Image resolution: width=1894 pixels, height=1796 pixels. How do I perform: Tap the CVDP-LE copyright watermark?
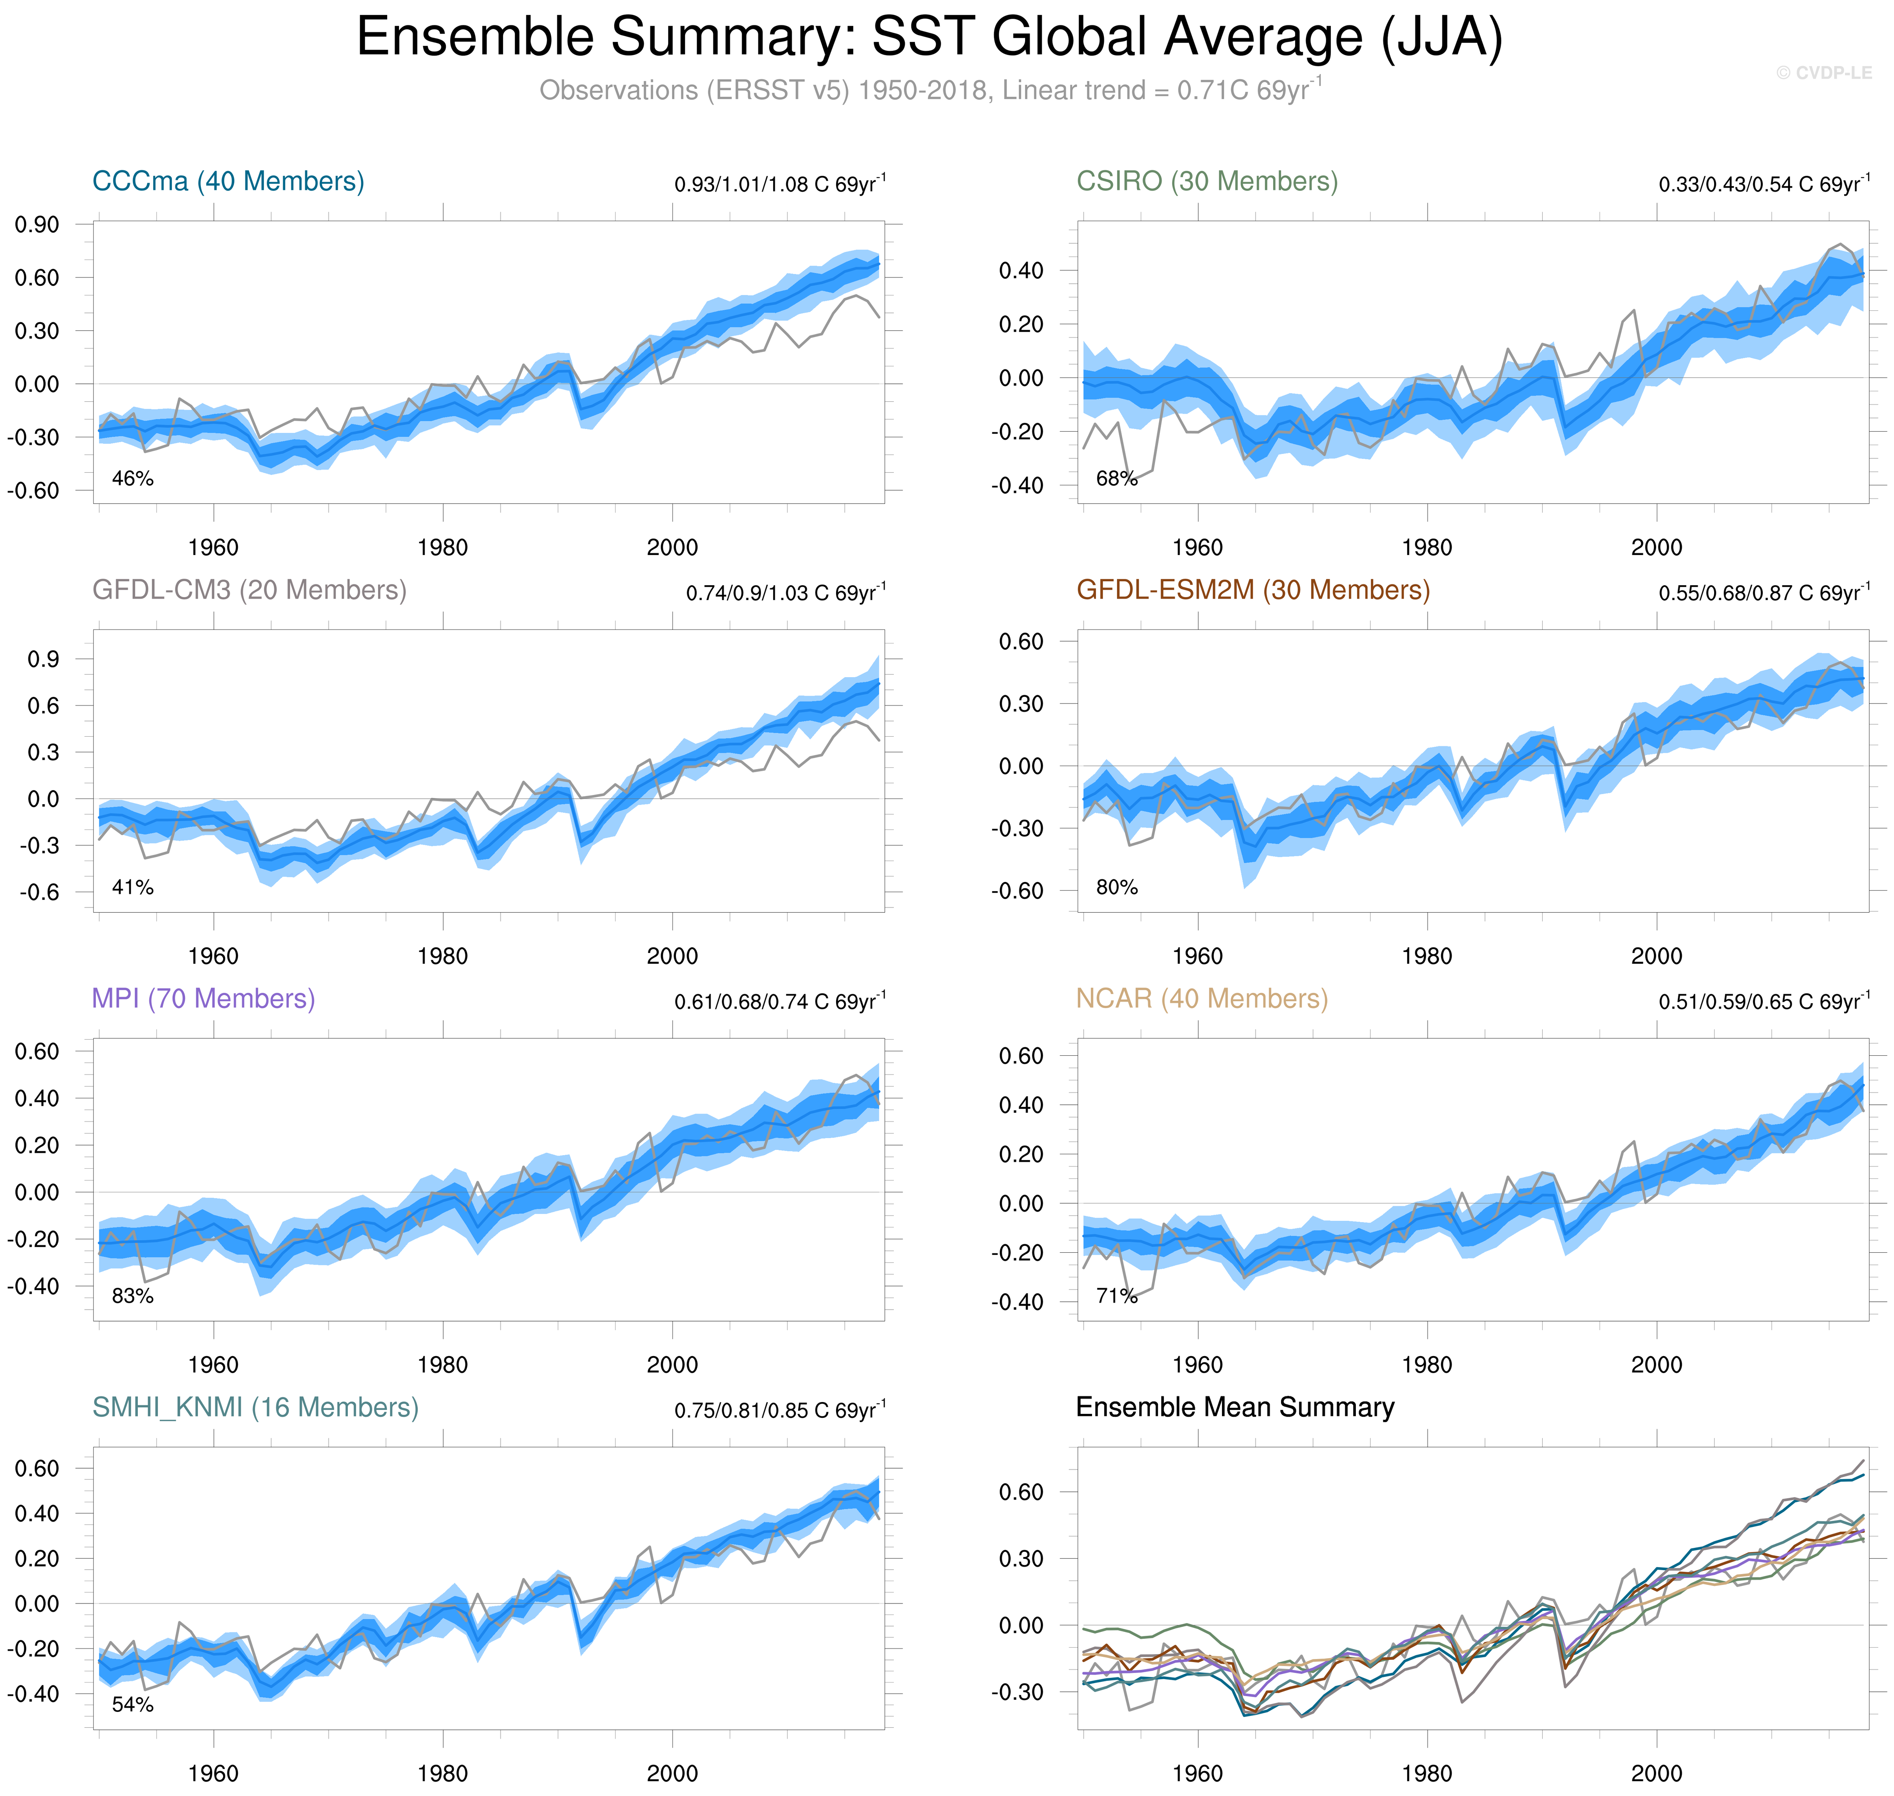[1823, 73]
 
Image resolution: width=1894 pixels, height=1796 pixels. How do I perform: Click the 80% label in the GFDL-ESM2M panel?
[1117, 887]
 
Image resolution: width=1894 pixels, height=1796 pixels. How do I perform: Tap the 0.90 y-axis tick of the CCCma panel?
[36, 225]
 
